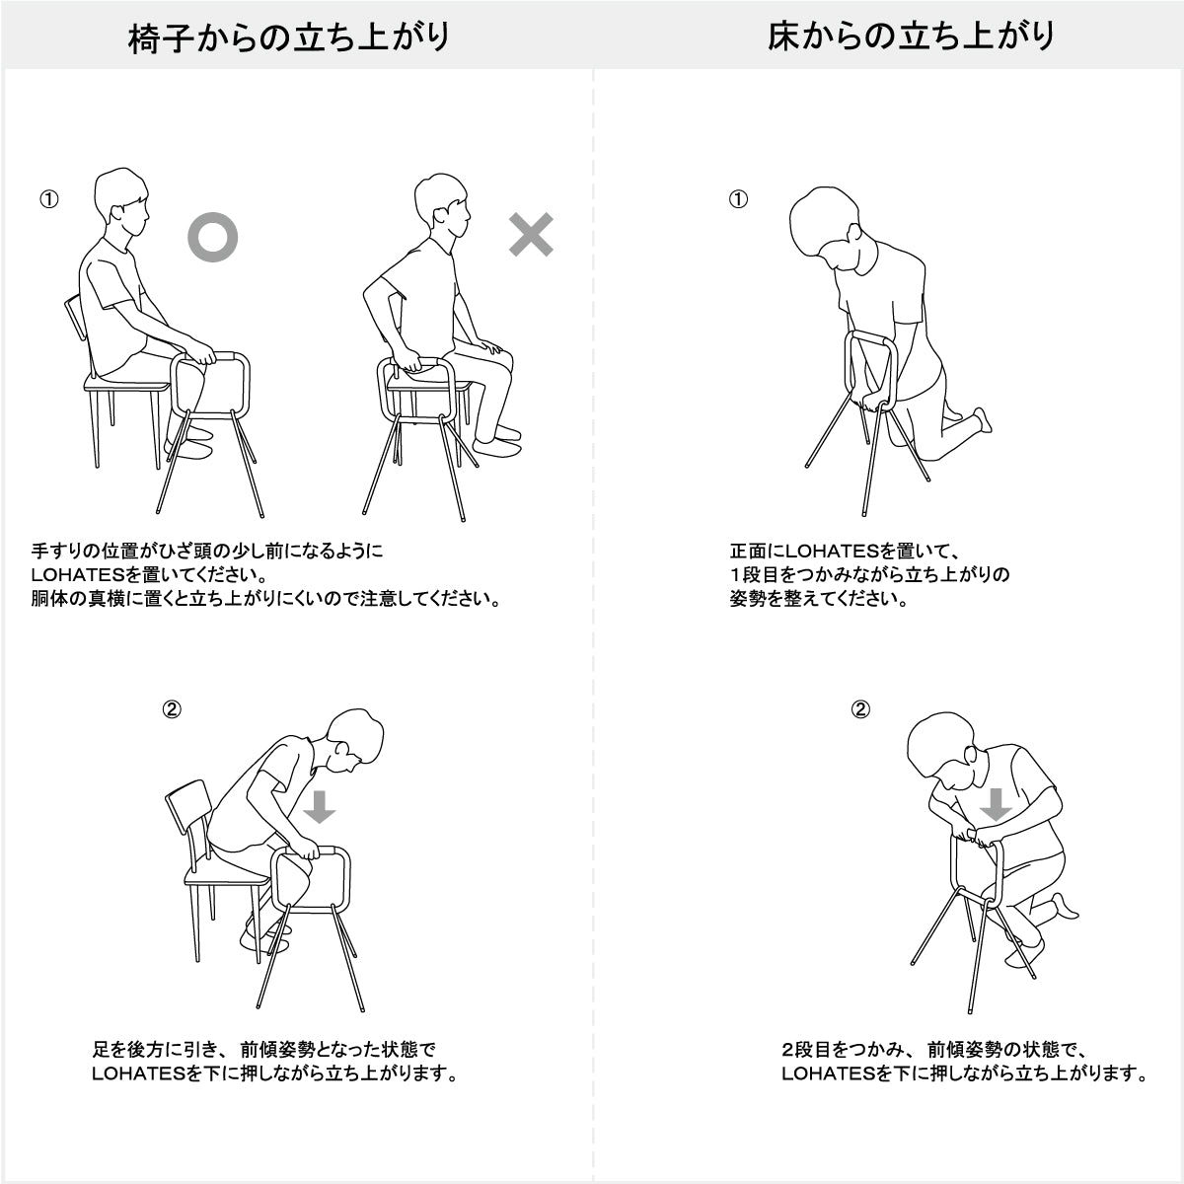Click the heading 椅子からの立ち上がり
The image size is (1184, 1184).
click(x=289, y=37)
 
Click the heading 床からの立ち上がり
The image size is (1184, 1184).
click(x=911, y=37)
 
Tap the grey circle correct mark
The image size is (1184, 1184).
click(x=213, y=237)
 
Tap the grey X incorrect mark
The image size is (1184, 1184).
click(x=531, y=236)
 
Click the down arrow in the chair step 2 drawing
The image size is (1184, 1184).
click(x=319, y=805)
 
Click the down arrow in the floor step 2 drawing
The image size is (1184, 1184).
click(x=996, y=804)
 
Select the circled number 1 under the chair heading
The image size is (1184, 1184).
click(x=48, y=199)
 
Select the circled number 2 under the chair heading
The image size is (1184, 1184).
click(x=171, y=709)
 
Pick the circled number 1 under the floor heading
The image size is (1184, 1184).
click(x=738, y=199)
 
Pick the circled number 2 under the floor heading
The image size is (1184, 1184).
click(x=860, y=709)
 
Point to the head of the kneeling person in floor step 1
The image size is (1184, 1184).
click(x=829, y=229)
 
